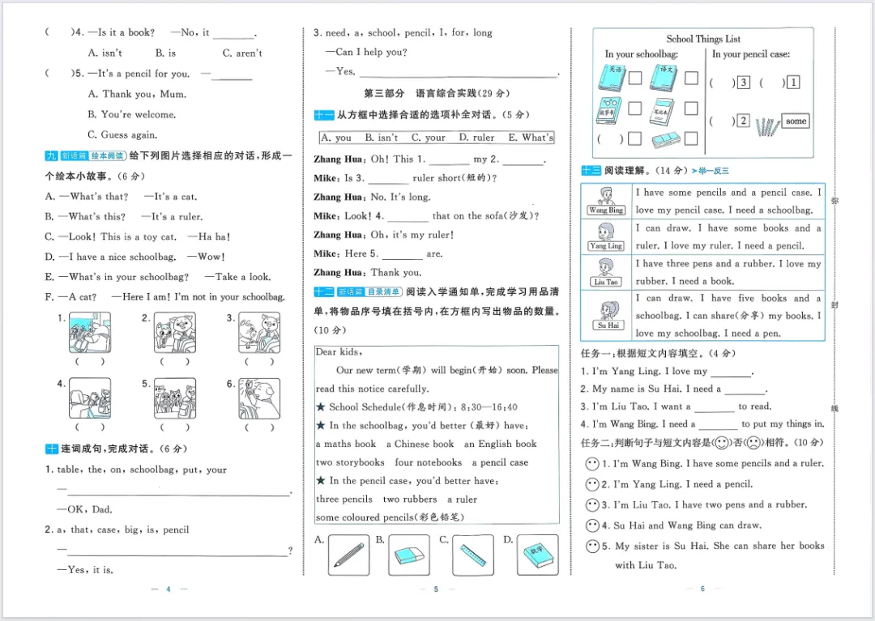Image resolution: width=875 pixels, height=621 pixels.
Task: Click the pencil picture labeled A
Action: coord(348,555)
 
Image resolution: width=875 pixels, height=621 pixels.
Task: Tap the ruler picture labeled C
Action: coord(472,555)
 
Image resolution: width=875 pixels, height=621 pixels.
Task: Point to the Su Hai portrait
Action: coord(606,310)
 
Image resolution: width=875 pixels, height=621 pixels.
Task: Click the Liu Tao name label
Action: coord(606,282)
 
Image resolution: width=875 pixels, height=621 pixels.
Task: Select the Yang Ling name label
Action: coord(606,245)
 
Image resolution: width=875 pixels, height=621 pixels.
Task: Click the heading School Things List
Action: coord(703,39)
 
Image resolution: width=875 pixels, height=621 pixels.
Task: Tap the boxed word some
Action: coord(796,121)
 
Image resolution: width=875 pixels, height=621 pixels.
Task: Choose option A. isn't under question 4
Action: coord(105,53)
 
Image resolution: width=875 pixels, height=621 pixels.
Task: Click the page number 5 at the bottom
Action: coord(436,589)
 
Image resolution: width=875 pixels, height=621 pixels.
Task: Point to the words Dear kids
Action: coord(339,352)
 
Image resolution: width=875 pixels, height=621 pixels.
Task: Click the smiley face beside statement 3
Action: coord(592,504)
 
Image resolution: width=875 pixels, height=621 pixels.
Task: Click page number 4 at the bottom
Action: coord(168,589)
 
